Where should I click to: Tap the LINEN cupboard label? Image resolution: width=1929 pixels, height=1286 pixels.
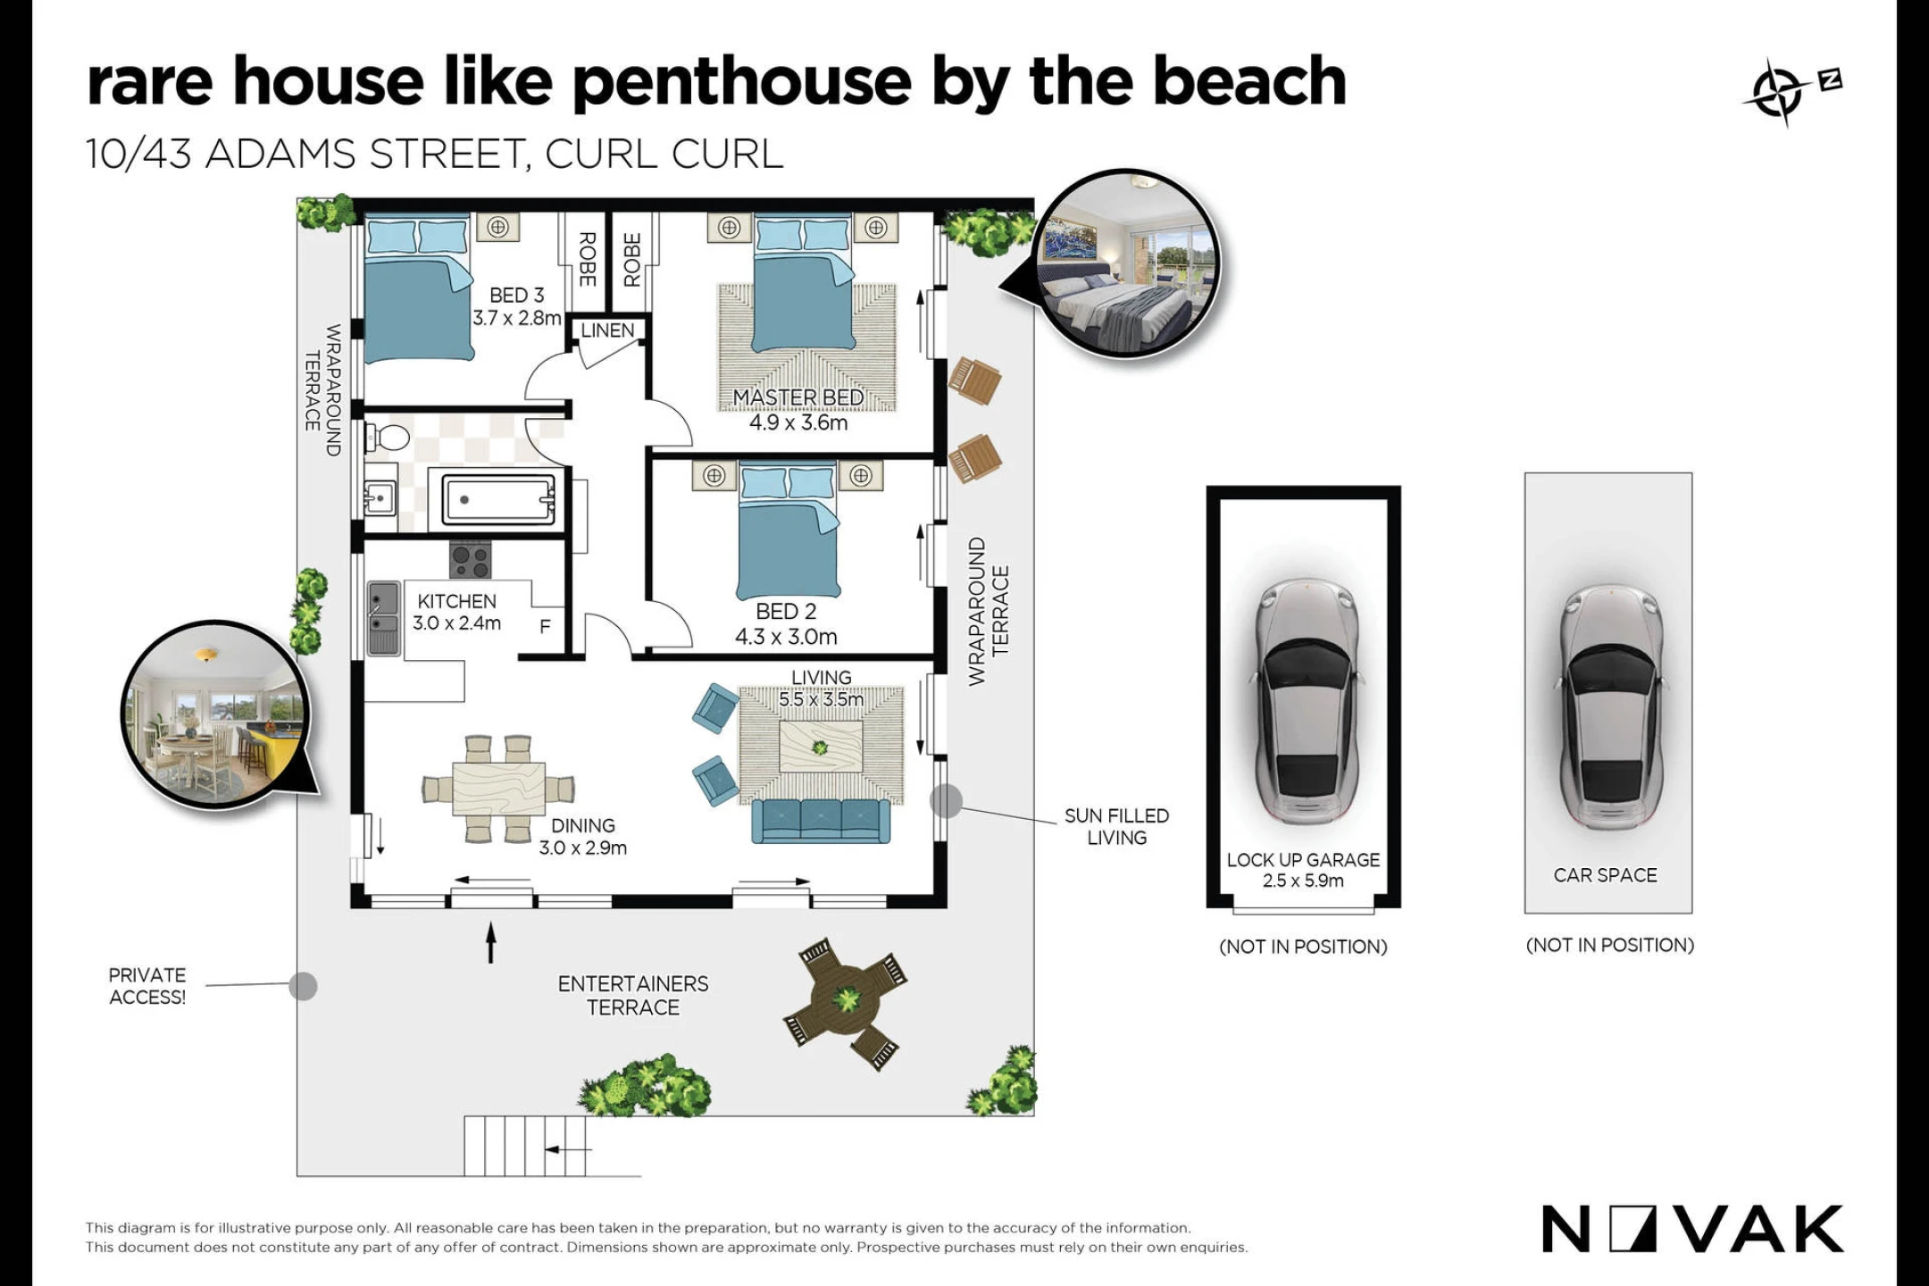click(607, 330)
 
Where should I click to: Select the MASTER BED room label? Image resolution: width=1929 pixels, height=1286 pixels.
click(798, 397)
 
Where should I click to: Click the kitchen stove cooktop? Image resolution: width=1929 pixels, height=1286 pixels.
click(471, 560)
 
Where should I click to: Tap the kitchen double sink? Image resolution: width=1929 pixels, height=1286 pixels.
click(384, 619)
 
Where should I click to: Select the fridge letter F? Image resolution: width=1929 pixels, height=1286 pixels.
click(545, 627)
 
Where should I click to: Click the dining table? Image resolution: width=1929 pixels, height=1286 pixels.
click(498, 789)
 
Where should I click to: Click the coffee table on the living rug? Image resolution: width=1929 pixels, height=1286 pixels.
click(821, 747)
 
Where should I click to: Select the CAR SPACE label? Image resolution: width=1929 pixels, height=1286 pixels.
click(1605, 875)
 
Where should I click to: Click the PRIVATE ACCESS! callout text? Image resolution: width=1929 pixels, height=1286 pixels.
click(147, 986)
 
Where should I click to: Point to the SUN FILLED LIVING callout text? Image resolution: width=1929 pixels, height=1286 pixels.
click(1116, 826)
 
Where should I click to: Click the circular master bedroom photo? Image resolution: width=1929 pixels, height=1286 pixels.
click(1127, 263)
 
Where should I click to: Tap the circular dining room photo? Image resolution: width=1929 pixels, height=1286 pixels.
click(213, 714)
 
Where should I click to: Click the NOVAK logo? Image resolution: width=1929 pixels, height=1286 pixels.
click(1692, 1230)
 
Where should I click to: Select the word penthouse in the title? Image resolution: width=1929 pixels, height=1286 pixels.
click(742, 83)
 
